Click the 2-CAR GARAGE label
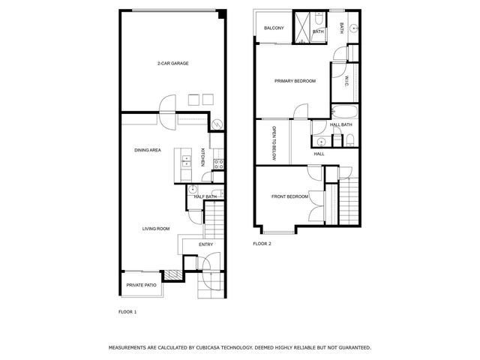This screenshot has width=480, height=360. tap(172, 64)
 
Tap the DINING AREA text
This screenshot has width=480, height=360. tap(148, 151)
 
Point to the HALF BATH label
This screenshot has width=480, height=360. tap(205, 196)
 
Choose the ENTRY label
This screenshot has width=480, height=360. tap(205, 245)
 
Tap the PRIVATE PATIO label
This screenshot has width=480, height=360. tap(140, 285)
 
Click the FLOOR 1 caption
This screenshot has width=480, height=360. tap(128, 311)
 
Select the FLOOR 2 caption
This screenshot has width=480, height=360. tap(262, 244)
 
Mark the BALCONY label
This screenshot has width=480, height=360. tap(274, 29)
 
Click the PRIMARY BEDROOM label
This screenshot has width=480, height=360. tap(295, 81)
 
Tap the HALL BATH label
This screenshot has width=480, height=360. tap(340, 124)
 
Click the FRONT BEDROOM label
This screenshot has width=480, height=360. tap(289, 196)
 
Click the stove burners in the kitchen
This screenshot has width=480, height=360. tap(218, 163)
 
